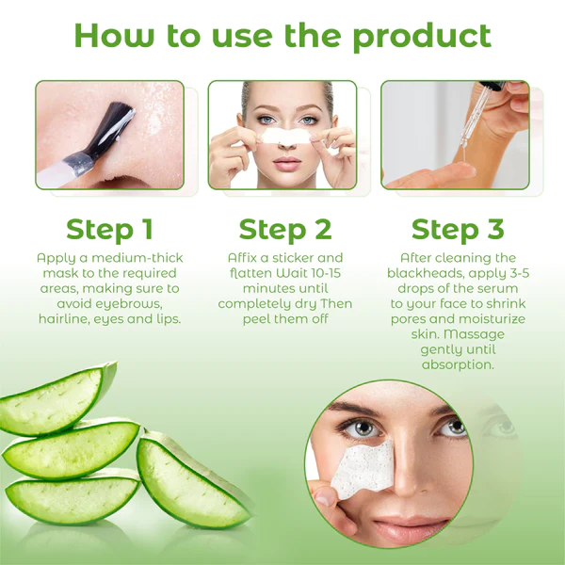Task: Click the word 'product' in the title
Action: [422, 37]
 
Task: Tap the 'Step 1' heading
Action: [110, 230]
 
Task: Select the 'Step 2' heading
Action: [285, 230]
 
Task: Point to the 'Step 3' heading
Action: [458, 230]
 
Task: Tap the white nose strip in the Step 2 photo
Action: [286, 137]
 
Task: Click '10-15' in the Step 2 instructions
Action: [326, 273]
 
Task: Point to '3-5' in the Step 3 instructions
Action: [520, 273]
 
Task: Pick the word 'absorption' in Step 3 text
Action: [458, 364]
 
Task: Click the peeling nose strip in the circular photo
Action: [363, 468]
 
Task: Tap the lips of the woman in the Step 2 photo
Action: [287, 163]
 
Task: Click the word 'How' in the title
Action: [114, 36]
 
